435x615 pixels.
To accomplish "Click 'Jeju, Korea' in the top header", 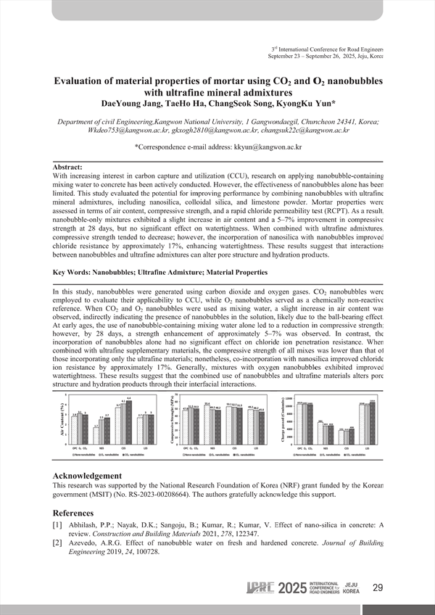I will [367, 56].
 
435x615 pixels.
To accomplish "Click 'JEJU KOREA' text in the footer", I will [351, 587].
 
